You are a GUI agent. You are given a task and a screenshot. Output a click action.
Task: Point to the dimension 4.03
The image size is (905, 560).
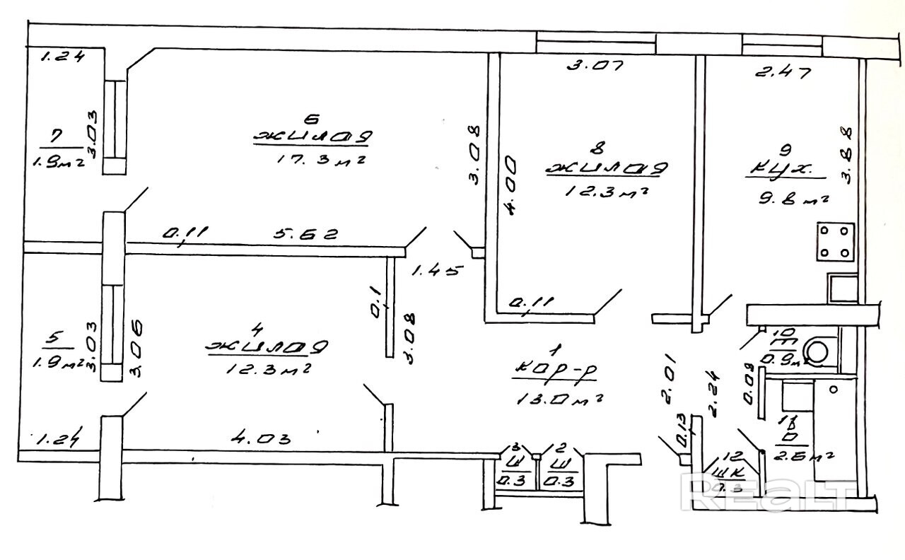pyautogui.click(x=262, y=438)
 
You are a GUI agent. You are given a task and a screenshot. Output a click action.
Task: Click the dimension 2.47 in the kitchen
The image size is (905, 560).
pyautogui.click(x=781, y=71)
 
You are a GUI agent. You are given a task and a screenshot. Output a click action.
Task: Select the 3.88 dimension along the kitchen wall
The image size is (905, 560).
pyautogui.click(x=847, y=155)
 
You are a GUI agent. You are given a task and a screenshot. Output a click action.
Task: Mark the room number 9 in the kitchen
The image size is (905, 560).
pyautogui.click(x=782, y=150)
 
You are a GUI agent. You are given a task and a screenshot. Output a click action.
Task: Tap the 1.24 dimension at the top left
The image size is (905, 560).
pyautogui.click(x=62, y=57)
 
